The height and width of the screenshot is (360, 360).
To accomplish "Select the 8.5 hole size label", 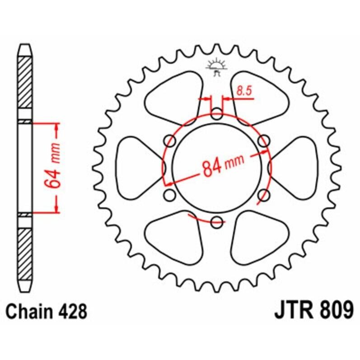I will [243, 91].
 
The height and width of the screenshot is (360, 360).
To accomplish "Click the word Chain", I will [28, 311].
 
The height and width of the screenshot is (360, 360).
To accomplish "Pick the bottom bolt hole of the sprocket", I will [217, 221].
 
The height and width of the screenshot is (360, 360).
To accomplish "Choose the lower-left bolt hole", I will [170, 195].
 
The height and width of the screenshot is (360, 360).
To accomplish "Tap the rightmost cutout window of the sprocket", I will [297, 168].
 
